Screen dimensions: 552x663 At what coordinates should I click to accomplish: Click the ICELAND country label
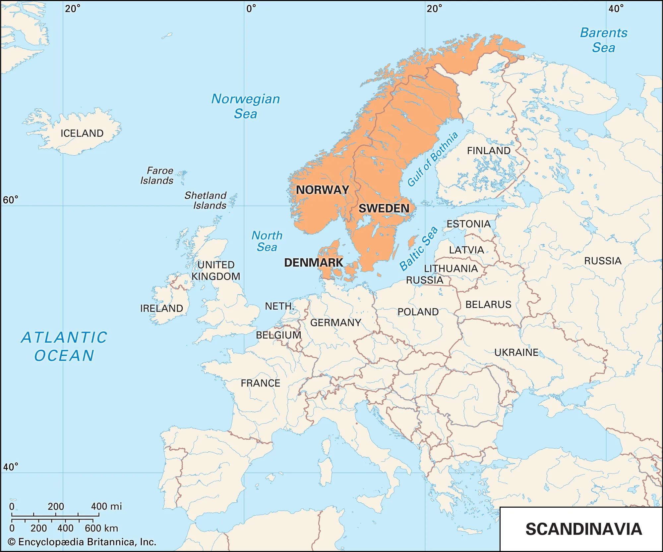[82, 133]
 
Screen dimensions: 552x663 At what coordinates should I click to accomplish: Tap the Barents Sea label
[603, 40]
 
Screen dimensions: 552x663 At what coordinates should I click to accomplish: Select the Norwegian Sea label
[246, 106]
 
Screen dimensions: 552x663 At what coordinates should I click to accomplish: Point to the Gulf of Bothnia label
[433, 159]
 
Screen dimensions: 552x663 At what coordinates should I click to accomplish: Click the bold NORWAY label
[322, 190]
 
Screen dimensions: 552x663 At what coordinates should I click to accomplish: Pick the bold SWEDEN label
[384, 208]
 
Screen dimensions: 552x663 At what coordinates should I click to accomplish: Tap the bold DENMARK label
[314, 262]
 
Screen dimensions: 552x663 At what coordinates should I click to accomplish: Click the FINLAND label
[489, 151]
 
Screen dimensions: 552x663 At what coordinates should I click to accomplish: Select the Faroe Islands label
[157, 176]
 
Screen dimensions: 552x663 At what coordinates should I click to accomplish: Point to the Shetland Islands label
[206, 200]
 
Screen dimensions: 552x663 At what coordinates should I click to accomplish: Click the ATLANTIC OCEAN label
[64, 346]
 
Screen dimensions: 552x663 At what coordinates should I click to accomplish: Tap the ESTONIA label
[468, 224]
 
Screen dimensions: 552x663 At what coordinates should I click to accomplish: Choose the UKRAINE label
[516, 352]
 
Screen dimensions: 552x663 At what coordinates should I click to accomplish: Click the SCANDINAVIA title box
[583, 529]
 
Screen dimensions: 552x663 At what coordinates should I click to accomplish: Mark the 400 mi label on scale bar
[106, 506]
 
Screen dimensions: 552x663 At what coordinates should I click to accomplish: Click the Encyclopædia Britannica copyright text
[82, 542]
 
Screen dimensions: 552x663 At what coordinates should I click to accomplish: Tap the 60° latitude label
[11, 200]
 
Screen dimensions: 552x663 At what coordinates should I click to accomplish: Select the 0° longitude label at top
[251, 9]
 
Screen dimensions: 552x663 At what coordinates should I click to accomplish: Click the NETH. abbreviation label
[279, 306]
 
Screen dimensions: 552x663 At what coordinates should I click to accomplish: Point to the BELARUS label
[488, 304]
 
